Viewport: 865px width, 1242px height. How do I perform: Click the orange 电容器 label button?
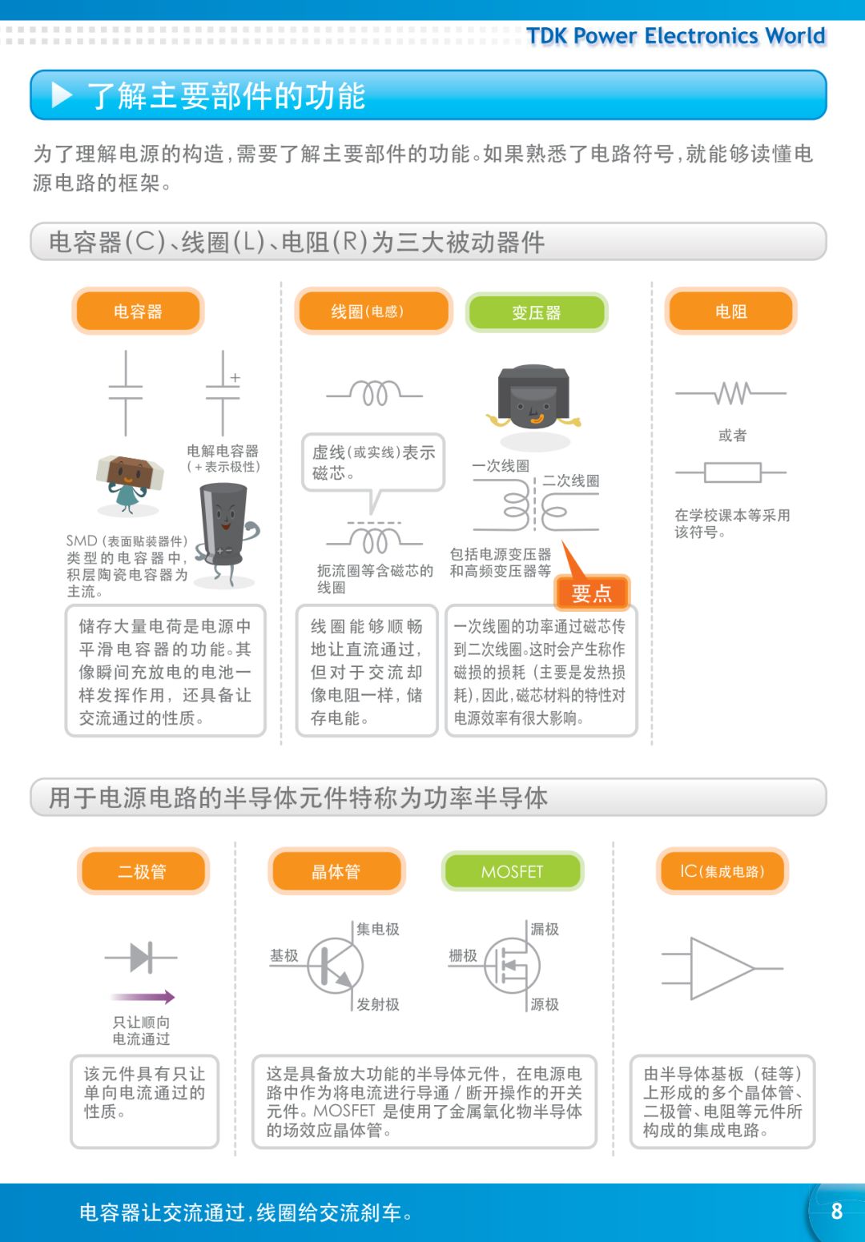click(138, 312)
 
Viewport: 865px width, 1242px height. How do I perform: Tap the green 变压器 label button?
click(537, 312)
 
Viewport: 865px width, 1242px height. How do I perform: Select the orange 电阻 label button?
click(730, 312)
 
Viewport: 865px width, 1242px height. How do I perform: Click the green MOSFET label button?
click(513, 871)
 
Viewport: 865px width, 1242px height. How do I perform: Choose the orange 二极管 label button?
click(143, 871)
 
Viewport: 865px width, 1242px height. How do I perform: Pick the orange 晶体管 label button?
click(336, 871)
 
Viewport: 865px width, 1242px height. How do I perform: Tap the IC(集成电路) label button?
click(722, 871)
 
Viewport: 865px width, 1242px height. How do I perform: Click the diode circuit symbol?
click(141, 957)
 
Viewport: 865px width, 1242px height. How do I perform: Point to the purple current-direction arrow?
click(143, 997)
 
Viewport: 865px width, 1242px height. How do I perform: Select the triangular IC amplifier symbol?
click(721, 969)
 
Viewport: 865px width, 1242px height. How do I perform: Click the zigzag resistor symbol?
click(731, 393)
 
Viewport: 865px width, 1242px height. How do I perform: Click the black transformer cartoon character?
click(533, 398)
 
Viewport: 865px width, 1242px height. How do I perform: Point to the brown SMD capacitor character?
click(128, 480)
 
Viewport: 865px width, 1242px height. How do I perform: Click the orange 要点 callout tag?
click(592, 593)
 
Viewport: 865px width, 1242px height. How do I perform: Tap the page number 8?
click(836, 1211)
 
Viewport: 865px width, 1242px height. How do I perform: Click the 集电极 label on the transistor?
click(378, 929)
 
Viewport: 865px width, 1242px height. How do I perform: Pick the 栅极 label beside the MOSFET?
click(463, 955)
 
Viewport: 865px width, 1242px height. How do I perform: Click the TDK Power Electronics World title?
click(675, 36)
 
